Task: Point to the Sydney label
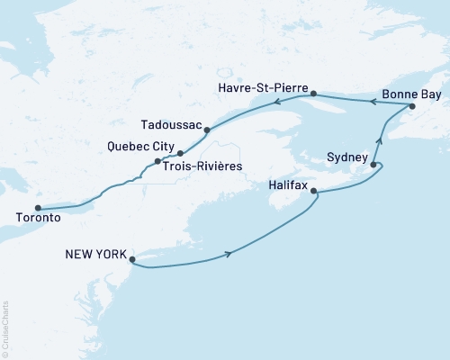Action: coord(346,157)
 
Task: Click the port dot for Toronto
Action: coord(38,207)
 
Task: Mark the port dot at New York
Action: coord(132,261)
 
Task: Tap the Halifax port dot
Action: coord(314,191)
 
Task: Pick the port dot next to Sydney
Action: coord(373,166)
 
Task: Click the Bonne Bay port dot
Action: coord(412,107)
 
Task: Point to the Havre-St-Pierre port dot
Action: coord(313,94)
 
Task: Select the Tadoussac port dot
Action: coord(207,130)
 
